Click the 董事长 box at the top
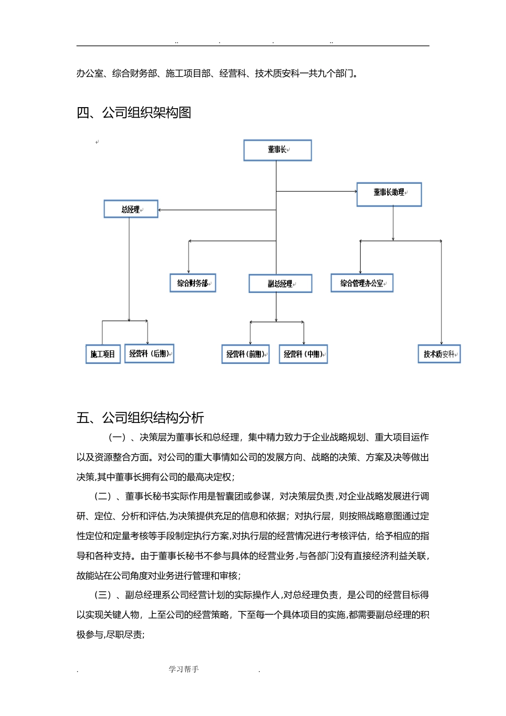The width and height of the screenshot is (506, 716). [278, 150]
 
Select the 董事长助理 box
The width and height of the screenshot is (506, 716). [389, 194]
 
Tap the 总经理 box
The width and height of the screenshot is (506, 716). [131, 209]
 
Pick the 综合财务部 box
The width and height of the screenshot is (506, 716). [193, 283]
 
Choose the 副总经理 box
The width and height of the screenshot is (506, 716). [280, 284]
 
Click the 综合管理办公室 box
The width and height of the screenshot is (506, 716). [362, 283]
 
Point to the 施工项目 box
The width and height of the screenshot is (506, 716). [103, 354]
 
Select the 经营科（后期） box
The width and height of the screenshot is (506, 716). [149, 354]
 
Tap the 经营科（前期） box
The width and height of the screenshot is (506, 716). [246, 354]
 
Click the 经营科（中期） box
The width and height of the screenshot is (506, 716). [303, 354]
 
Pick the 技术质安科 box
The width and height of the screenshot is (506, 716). [439, 354]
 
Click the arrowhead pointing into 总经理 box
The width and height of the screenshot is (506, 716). [160, 210]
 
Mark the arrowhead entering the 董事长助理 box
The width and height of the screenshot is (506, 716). [355, 191]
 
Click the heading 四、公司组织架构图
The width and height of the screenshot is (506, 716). [134, 113]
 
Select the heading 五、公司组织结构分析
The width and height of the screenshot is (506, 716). [140, 418]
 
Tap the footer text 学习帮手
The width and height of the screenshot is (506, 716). [184, 670]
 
